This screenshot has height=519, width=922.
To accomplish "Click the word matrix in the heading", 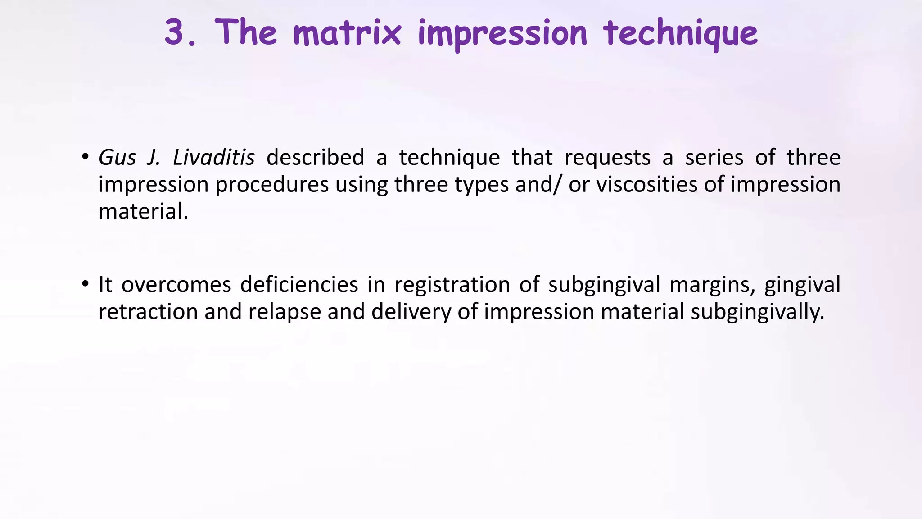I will coord(347,32).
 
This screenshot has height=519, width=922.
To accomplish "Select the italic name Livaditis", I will coord(214,158).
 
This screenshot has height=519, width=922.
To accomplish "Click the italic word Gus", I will coord(117,158).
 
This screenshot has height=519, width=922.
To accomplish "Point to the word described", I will coord(315,158).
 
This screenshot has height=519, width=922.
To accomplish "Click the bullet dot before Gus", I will coord(85,157).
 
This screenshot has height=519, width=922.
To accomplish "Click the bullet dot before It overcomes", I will coord(85,284).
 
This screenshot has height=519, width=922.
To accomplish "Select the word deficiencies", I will coord(299,285).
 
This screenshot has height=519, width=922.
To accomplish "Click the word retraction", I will coord(148,312).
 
